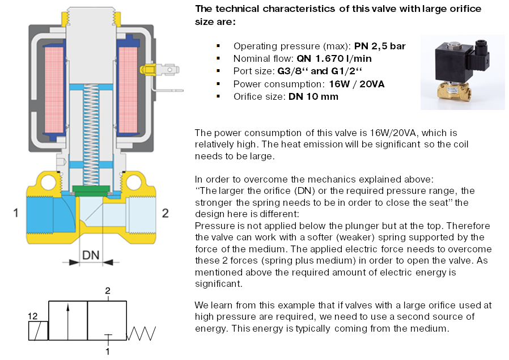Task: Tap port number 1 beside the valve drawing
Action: (16, 214)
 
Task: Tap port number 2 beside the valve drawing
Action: (166, 213)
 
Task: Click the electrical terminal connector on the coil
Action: (165, 71)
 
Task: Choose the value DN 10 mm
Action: (314, 96)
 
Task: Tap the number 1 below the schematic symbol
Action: (108, 351)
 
